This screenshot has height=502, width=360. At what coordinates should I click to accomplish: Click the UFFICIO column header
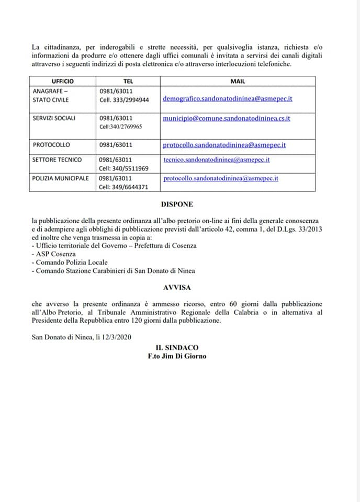(x=63, y=81)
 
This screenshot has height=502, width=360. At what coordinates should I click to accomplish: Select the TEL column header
(x=128, y=81)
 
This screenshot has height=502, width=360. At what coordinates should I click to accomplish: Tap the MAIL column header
(x=238, y=81)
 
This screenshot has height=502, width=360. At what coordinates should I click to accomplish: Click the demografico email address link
(x=228, y=98)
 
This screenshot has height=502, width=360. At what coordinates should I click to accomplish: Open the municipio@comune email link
(x=227, y=118)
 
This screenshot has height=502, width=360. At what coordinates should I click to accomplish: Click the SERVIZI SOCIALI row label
(x=54, y=118)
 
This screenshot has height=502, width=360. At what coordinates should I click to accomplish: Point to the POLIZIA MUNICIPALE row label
(x=61, y=178)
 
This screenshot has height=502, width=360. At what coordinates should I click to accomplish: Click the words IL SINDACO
(x=177, y=347)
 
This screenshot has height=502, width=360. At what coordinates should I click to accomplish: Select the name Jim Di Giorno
(x=185, y=356)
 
